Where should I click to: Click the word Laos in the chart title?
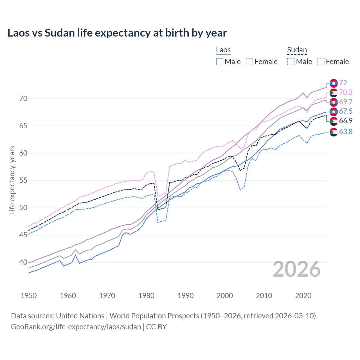pyautogui.click(x=19, y=33)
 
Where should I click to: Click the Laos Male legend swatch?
pyautogui.click(x=220, y=62)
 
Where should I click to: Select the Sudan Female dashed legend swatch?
pyautogui.click(x=321, y=62)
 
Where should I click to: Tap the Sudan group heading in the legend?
pyautogui.click(x=297, y=50)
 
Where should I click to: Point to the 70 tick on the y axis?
pyautogui.click(x=23, y=98)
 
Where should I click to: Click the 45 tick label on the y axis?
pyautogui.click(x=23, y=235)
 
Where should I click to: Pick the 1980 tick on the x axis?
pyautogui.click(x=147, y=296)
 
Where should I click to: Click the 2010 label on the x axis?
pyautogui.click(x=264, y=296)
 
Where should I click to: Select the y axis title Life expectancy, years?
pyautogui.click(x=12, y=180)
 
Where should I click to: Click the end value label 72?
pyautogui.click(x=343, y=83)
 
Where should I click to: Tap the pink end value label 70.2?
pyautogui.click(x=346, y=92)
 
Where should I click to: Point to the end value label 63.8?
pyautogui.click(x=346, y=132)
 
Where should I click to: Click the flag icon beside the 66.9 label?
pyautogui.click(x=334, y=121)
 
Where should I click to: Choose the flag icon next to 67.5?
pyautogui.click(x=334, y=111)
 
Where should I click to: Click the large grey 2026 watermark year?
pyautogui.click(x=297, y=269)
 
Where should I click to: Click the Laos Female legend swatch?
pyautogui.click(x=249, y=62)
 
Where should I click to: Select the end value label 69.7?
pyautogui.click(x=346, y=102)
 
